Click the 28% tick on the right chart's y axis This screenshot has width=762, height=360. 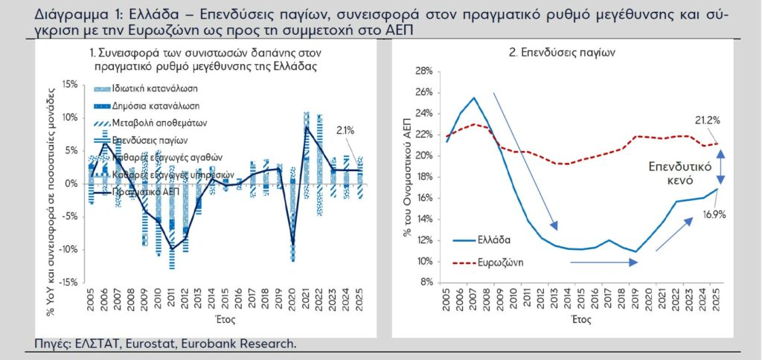point(423,71)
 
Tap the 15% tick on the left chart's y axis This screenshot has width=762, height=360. point(68,85)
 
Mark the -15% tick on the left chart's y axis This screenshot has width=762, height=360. point(67,283)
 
